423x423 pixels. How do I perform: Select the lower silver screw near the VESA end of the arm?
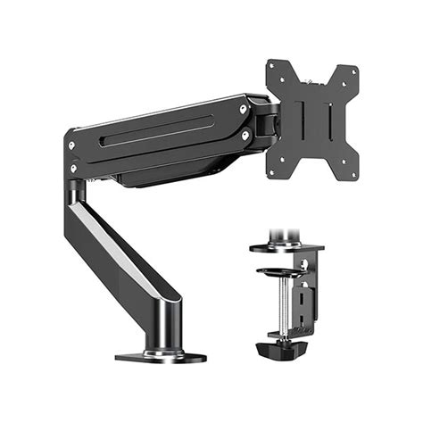pyautogui.click(x=245, y=136)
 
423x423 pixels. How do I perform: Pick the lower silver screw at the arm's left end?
pyautogui.click(x=72, y=164)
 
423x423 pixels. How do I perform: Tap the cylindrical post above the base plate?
pyautogui.click(x=164, y=326)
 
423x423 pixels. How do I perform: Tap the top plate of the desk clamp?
pyautogui.click(x=286, y=246)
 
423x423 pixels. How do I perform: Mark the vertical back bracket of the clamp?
pyautogui.click(x=308, y=286)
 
